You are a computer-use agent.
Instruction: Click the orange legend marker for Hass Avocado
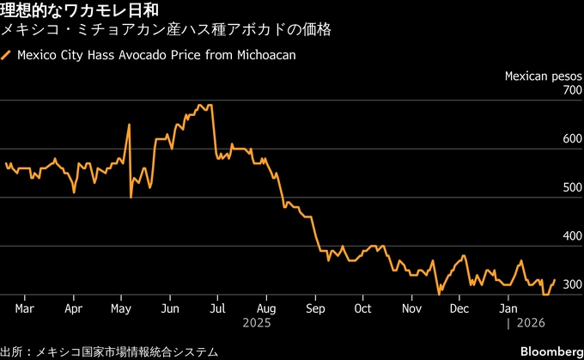(6, 56)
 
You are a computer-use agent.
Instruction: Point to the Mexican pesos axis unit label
(543, 76)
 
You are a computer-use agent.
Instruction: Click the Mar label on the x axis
(25, 308)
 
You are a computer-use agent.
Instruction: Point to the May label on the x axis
(121, 308)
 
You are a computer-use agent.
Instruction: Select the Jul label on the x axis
(217, 308)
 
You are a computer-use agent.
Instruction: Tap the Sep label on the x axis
(314, 308)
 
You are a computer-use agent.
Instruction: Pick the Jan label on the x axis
(508, 308)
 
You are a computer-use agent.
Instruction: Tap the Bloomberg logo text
(549, 351)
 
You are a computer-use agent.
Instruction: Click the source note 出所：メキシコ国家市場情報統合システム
(109, 351)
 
